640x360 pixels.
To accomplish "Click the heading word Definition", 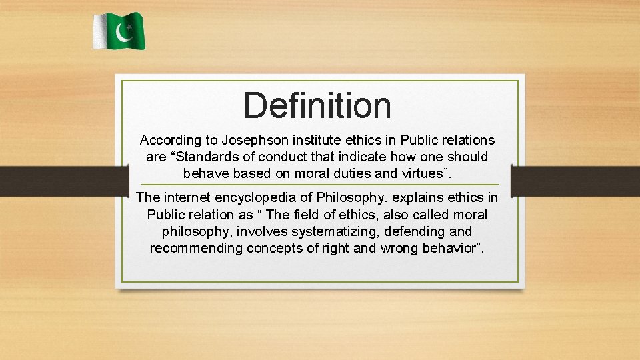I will tap(317, 105).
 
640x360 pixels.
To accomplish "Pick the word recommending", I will tap(198, 249).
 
